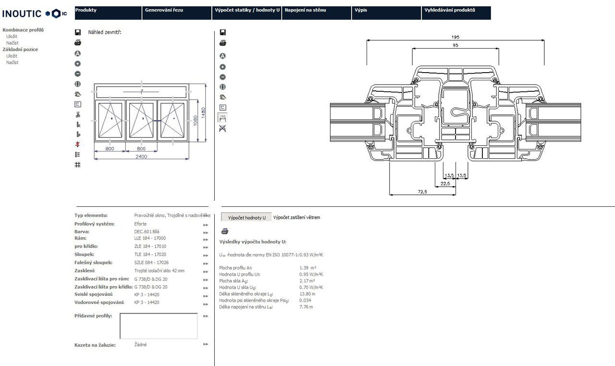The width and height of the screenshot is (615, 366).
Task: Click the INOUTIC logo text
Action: [x=22, y=13]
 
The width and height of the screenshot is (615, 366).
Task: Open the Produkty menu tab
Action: [x=86, y=10]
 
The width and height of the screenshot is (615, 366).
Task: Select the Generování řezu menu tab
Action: [x=163, y=10]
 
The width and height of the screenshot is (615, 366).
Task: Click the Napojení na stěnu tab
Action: [x=305, y=10]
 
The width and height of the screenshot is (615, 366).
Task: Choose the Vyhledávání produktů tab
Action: [x=449, y=10]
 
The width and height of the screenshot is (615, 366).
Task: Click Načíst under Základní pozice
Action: [x=12, y=63]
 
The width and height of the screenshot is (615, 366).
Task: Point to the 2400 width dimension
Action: [x=141, y=156]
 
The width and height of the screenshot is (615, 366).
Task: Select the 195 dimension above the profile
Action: [x=455, y=37]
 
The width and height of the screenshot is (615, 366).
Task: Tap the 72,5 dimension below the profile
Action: [x=422, y=191]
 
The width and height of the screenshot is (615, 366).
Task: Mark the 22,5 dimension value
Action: [x=445, y=183]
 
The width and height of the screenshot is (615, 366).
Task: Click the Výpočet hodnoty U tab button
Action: [x=246, y=217]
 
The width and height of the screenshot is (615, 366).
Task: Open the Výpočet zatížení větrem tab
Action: [x=296, y=217]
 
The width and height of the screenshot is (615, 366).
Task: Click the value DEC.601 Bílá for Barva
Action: [x=147, y=232]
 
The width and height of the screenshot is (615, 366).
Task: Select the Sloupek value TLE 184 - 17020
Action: [x=150, y=254]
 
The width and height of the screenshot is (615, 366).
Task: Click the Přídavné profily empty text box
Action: [x=159, y=326]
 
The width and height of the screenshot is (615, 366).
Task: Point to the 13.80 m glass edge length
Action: [x=307, y=294]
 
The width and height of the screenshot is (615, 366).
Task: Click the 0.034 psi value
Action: [x=305, y=300]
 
